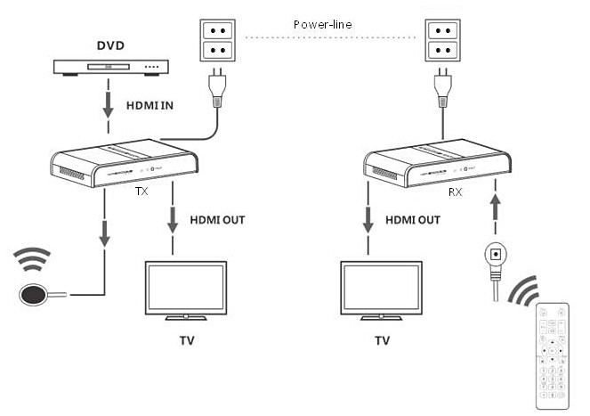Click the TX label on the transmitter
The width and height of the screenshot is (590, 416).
[x=140, y=191]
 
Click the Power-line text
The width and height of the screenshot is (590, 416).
[x=321, y=25]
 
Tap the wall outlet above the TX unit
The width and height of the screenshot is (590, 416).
[x=215, y=39]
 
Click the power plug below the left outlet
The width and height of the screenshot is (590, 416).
[x=216, y=87]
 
